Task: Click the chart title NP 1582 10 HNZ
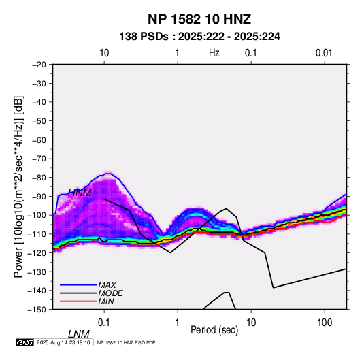[x=199, y=19]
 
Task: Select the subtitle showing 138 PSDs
[x=199, y=37]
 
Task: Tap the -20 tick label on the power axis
[x=39, y=65]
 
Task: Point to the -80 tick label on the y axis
[x=39, y=178]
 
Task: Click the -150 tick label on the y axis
[x=37, y=310]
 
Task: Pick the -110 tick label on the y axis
[x=37, y=234]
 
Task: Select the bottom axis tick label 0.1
[x=104, y=323]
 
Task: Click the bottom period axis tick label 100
[x=325, y=323]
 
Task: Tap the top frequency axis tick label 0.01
[x=324, y=53]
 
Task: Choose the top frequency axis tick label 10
[x=104, y=53]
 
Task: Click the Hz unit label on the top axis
[x=214, y=53]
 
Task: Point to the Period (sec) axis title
[x=214, y=330]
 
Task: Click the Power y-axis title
[x=18, y=187]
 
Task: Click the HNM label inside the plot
[x=80, y=193]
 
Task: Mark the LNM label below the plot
[x=78, y=334]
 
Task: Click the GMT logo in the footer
[x=25, y=342]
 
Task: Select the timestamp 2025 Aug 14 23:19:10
[x=63, y=342]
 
